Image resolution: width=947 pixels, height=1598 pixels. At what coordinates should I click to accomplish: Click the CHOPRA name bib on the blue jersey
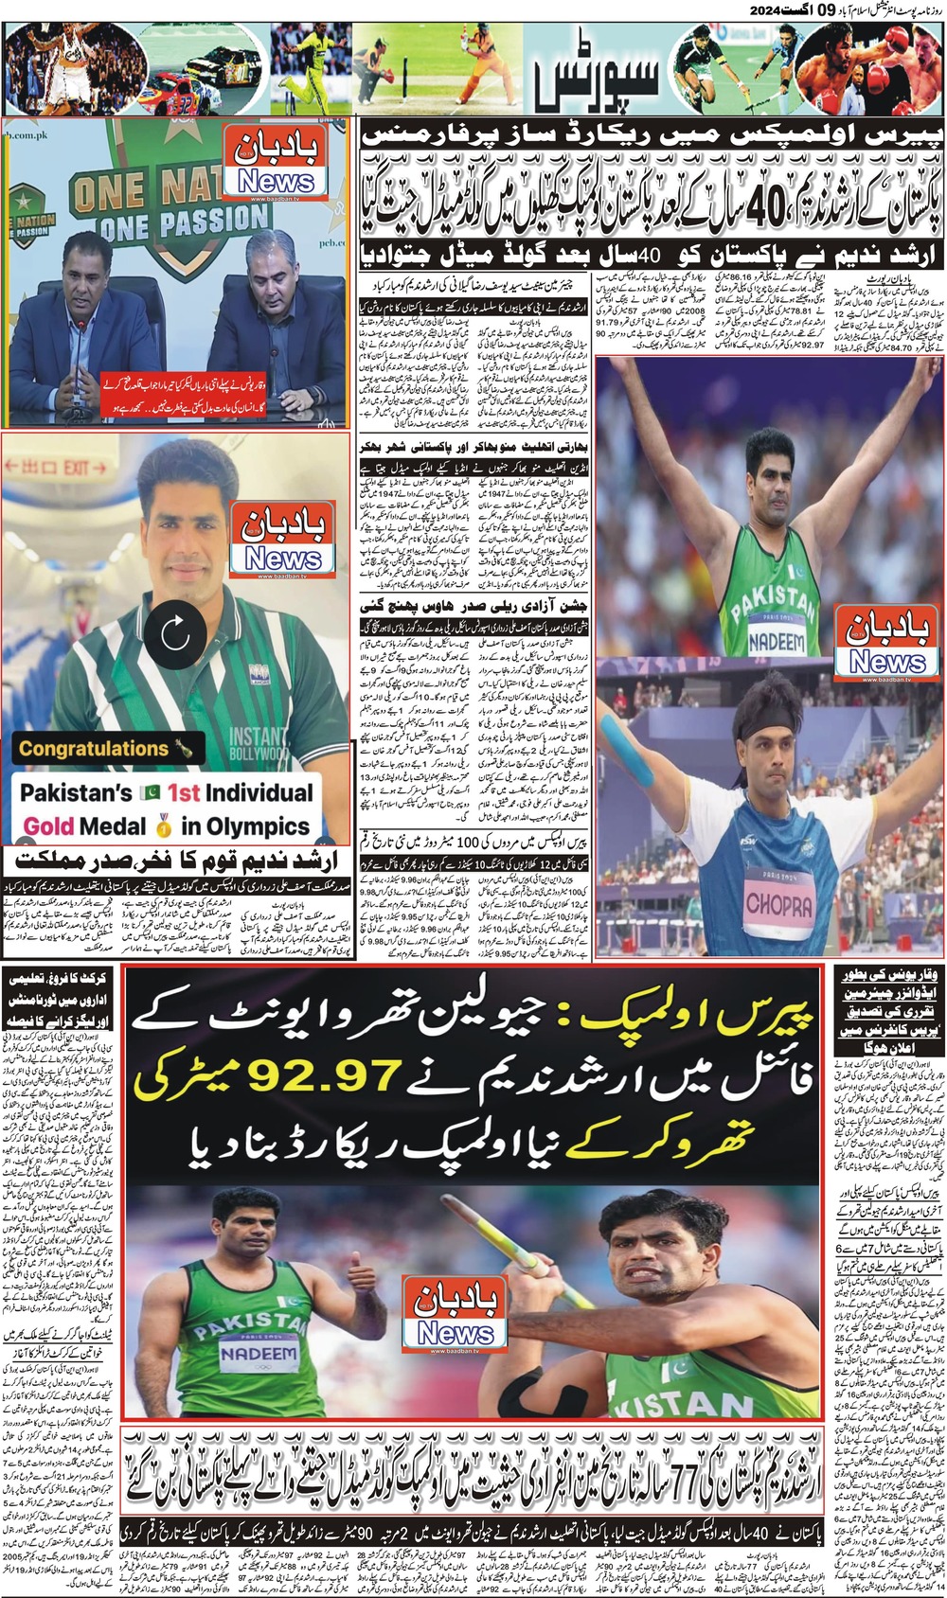tap(778, 905)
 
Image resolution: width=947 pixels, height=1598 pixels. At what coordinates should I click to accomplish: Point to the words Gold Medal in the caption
tap(85, 826)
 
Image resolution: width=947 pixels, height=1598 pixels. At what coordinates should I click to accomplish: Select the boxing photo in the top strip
tap(867, 68)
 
